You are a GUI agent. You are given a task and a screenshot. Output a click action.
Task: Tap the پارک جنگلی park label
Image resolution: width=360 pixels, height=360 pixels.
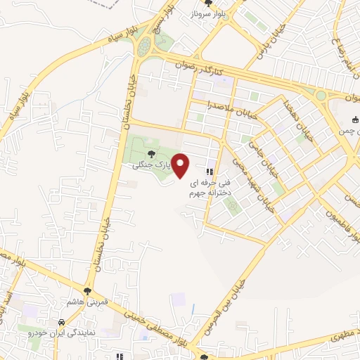coord(151,165)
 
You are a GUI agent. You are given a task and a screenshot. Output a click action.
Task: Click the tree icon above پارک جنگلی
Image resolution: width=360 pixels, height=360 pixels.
coord(151,154)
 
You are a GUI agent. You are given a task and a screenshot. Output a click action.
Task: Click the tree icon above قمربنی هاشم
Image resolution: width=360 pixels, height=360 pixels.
coord(87,290)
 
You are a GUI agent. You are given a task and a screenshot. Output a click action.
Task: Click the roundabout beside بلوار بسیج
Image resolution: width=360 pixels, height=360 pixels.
coord(144,46)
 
